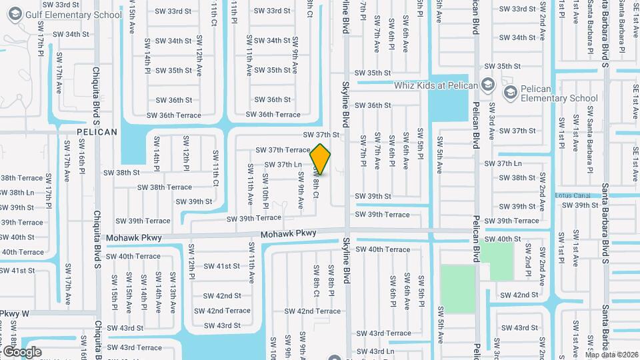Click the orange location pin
pyautogui.click(x=321, y=159)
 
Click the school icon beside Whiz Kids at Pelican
pyautogui.click(x=487, y=85)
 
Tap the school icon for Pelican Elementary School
pyautogui.click(x=511, y=92)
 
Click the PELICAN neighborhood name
pyautogui.click(x=97, y=132)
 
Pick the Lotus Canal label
pyautogui.click(x=573, y=195)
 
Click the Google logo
pyautogui.click(x=22, y=351)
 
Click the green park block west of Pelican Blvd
pyautogui.click(x=458, y=289)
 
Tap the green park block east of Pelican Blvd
pyautogui.click(x=497, y=261)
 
